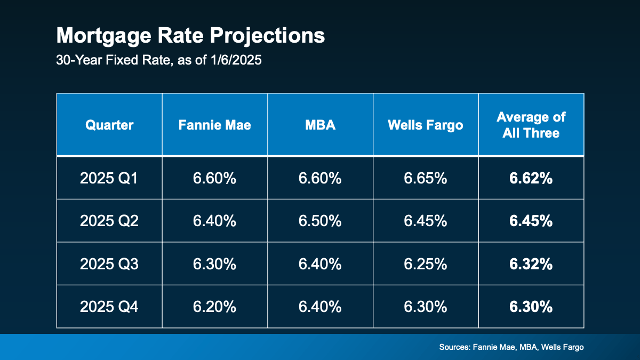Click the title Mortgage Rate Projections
pos(190,36)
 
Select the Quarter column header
pos(109,125)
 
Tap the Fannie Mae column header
pos(214,125)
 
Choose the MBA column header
pos(320,125)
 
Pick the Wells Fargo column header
pos(425,125)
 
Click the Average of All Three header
pos(531,125)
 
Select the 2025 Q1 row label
pos(109,178)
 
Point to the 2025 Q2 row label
pos(109,221)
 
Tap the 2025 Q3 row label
pos(109,263)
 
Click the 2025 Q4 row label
pos(109,306)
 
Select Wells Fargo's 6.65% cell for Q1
pos(425,178)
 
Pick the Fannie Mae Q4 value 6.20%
pos(214,306)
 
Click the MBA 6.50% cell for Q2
pos(320,221)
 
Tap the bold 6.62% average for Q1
pos(531,178)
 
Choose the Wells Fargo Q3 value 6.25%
pos(425,263)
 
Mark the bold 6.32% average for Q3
pos(531,263)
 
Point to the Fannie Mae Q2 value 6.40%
pos(214,221)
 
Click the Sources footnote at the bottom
pos(511,347)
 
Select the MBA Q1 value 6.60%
pos(320,178)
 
